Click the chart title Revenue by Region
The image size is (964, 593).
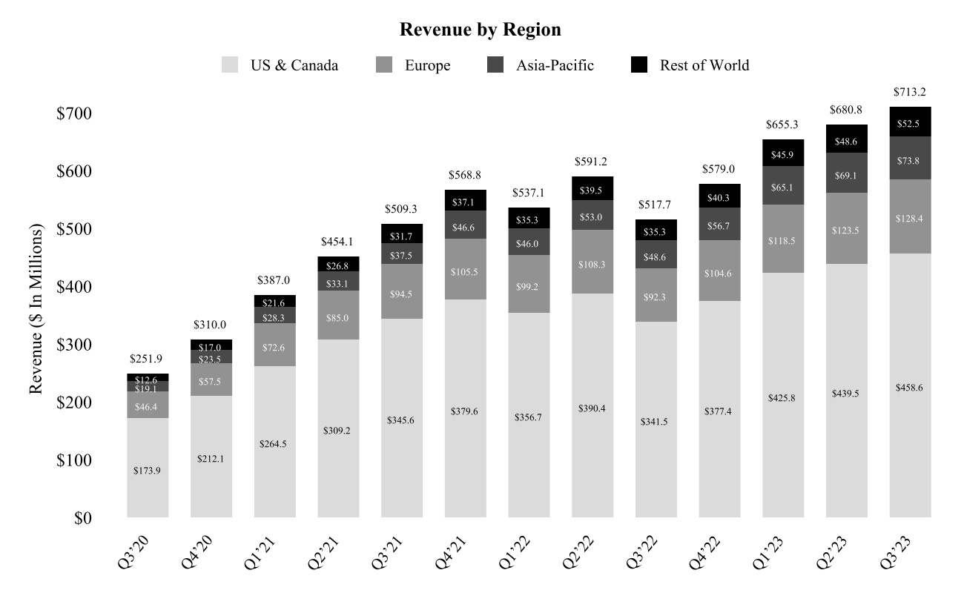tap(480, 30)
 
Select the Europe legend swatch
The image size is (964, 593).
tap(385, 65)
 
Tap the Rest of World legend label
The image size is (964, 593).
tap(704, 65)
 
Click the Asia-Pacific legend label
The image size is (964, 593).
tap(555, 65)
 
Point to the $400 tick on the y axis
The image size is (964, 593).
tap(75, 287)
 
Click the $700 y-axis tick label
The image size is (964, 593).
tap(75, 113)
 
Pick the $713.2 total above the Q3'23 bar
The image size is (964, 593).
tap(911, 93)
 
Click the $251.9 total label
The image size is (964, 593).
tap(148, 360)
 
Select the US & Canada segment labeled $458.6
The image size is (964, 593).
tap(911, 388)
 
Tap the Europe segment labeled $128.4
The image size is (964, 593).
tap(911, 219)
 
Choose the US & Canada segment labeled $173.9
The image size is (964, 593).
tap(148, 470)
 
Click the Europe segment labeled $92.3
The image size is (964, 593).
tap(656, 296)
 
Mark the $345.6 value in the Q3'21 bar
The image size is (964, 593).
tap(402, 420)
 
